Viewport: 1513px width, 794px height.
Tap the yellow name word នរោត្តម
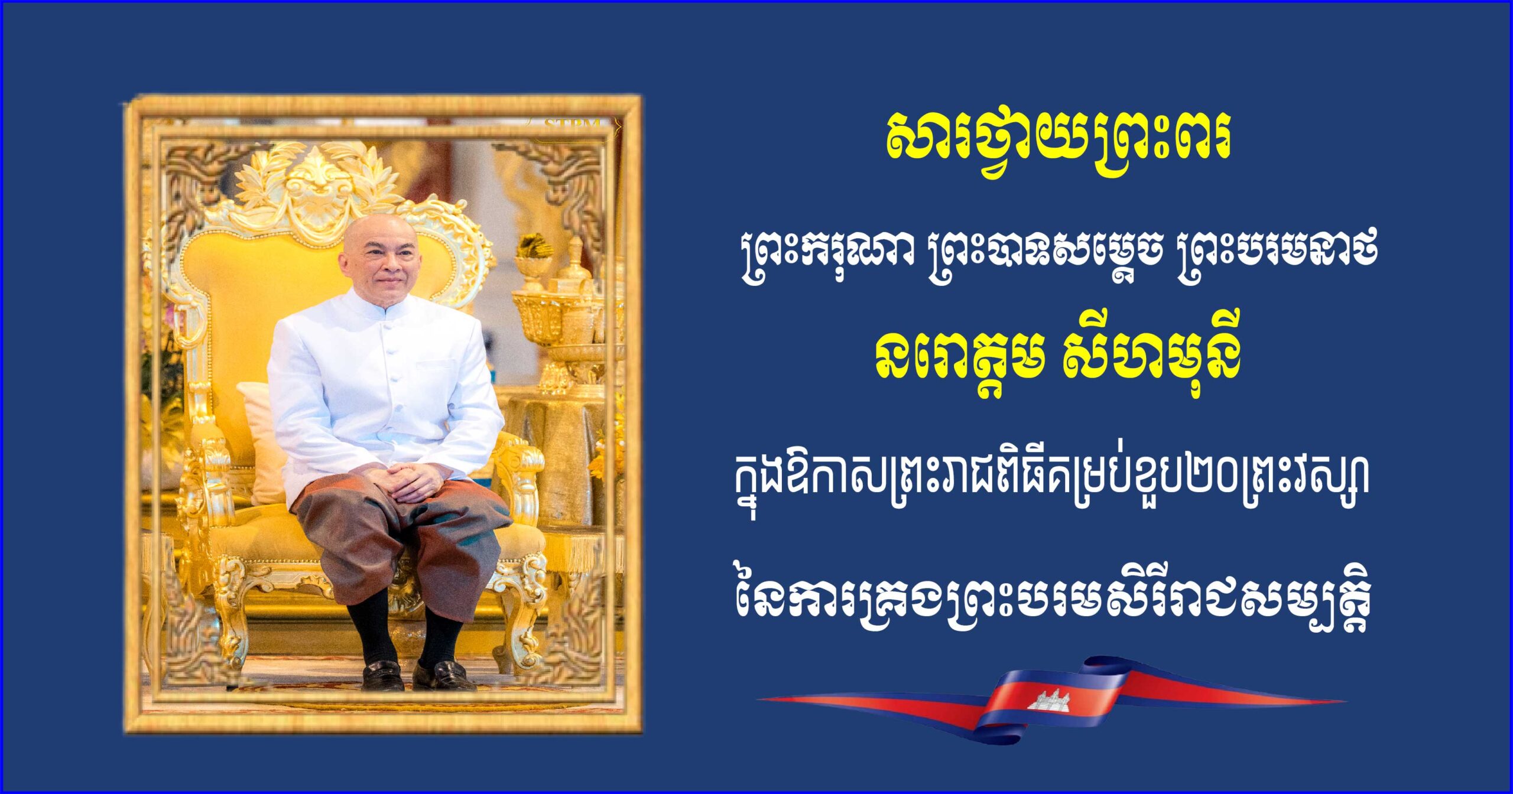pyautogui.click(x=957, y=363)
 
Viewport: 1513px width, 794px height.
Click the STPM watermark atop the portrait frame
pyautogui.click(x=572, y=125)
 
